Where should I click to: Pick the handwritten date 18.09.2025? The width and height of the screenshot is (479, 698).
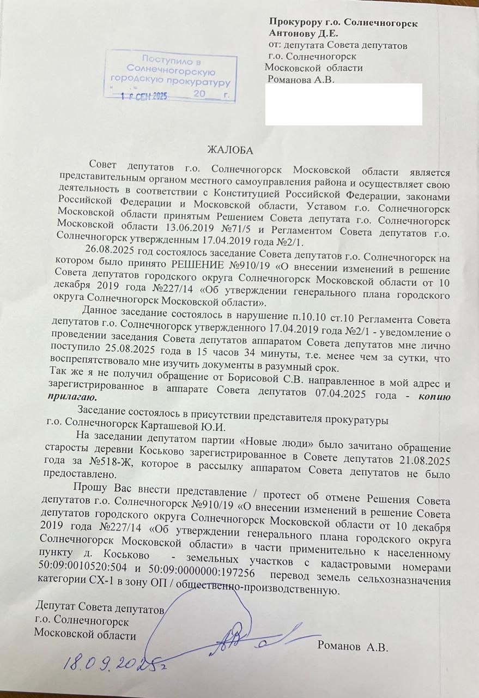(114, 661)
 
